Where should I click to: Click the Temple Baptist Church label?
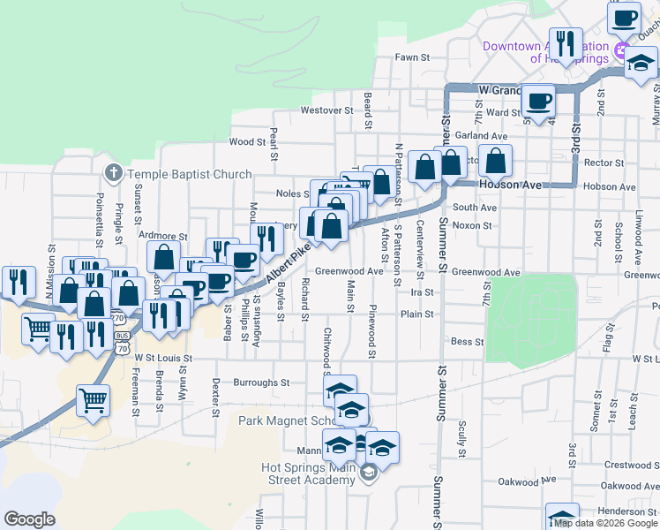click(x=190, y=174)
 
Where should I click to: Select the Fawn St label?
click(x=412, y=57)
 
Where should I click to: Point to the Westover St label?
click(x=326, y=110)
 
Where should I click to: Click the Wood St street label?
click(x=247, y=141)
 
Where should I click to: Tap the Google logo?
click(x=29, y=519)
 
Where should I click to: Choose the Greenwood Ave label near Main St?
click(x=349, y=271)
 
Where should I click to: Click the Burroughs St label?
click(x=261, y=382)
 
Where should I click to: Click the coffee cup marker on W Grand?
click(x=538, y=100)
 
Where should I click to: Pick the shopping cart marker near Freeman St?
click(x=93, y=400)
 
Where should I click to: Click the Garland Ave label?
click(x=482, y=137)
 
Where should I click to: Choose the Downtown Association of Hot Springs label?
click(x=545, y=52)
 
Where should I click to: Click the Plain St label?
click(x=417, y=314)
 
